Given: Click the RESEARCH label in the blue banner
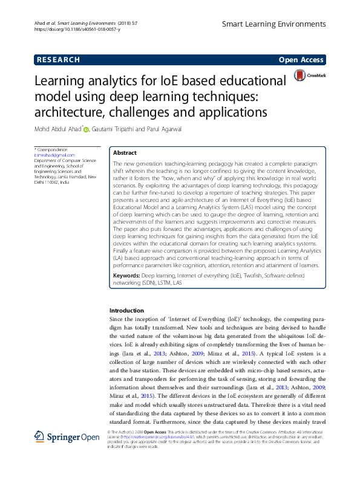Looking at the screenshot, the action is (58, 60).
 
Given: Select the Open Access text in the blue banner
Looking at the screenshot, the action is (301, 60).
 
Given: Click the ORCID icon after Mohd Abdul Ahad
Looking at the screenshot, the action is (86, 129).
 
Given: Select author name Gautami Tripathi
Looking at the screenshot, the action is (116, 128).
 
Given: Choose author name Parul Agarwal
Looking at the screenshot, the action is (165, 128).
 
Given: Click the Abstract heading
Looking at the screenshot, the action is (125, 153).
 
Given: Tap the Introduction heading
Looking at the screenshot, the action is (126, 310).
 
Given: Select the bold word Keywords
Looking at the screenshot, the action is (126, 275).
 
